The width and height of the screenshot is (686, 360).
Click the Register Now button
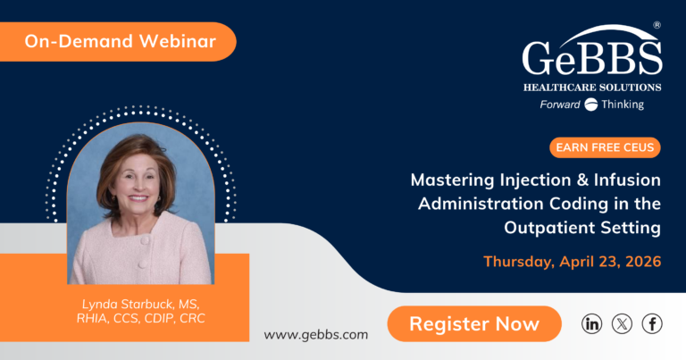point(474,324)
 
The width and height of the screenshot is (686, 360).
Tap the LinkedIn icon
point(591,324)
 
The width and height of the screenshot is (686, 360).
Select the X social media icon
point(622,324)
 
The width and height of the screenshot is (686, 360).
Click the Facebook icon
point(652,324)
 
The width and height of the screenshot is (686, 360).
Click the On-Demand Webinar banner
point(112,41)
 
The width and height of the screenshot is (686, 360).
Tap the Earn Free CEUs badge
point(605,147)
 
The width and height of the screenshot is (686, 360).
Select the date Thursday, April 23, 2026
point(572,262)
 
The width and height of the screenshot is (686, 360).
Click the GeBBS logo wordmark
point(591,60)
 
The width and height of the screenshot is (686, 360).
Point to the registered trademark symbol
point(657,27)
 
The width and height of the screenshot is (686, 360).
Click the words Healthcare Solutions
point(592,88)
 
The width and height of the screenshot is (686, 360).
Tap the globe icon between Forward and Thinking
point(590,105)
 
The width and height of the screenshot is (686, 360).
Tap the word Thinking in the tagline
point(622,105)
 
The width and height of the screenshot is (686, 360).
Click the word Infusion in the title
point(630,180)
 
